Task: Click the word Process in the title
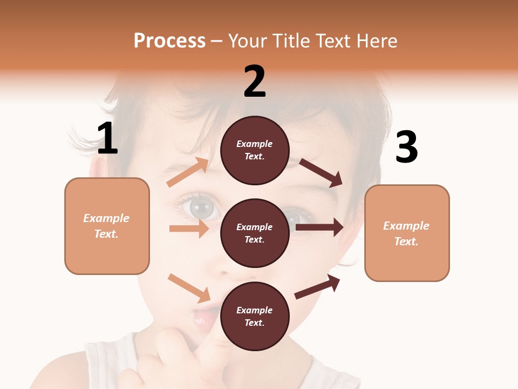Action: [169, 41]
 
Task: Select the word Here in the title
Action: [375, 41]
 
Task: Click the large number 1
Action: [107, 139]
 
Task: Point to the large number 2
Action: [255, 82]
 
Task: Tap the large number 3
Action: [406, 147]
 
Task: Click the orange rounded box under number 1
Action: [107, 226]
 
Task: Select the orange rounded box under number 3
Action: [407, 233]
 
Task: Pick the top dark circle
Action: [255, 150]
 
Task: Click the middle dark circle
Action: [255, 233]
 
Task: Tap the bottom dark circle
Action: [255, 316]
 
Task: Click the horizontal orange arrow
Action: [189, 229]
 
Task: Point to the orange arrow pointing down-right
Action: [189, 288]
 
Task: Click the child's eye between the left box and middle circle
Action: [197, 206]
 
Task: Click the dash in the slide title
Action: [217, 42]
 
